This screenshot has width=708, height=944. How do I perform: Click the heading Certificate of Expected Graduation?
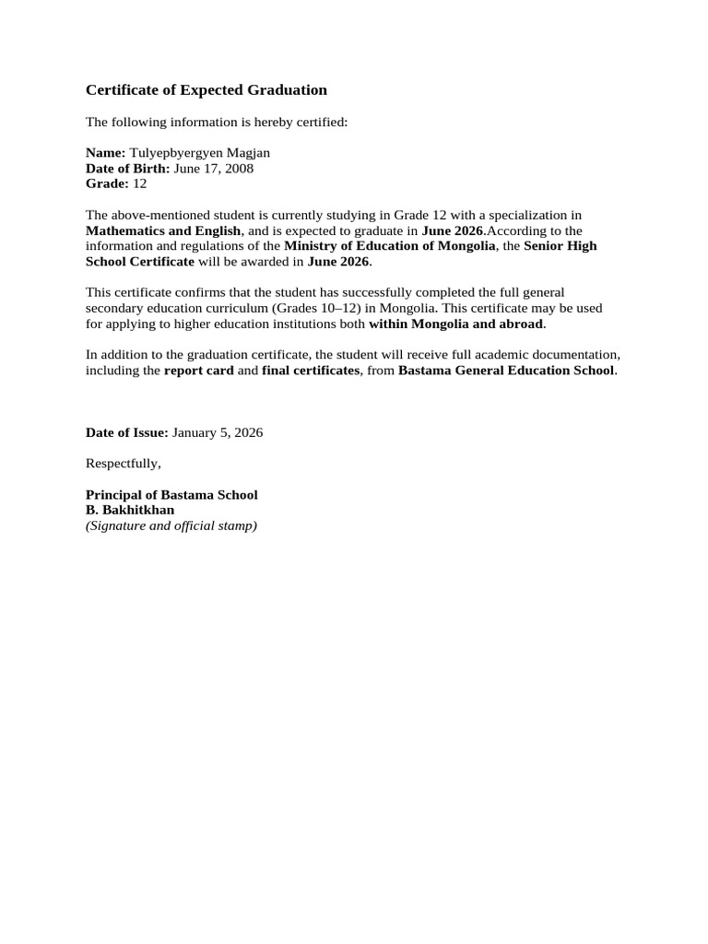click(x=206, y=90)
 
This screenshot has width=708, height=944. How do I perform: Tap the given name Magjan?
click(x=246, y=153)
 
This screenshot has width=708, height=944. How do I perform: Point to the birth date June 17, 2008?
click(x=214, y=169)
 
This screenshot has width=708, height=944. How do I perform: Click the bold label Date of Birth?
click(x=128, y=169)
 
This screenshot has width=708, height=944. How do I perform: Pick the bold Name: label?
click(x=105, y=153)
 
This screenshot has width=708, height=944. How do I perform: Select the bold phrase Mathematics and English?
click(x=163, y=230)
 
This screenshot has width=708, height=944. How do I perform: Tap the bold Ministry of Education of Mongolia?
click(x=390, y=246)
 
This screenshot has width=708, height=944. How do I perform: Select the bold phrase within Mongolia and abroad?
click(x=456, y=324)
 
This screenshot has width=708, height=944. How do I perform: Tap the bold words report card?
click(x=199, y=371)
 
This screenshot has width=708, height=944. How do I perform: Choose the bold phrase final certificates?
click(x=311, y=371)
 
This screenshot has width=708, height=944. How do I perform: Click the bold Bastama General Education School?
click(x=505, y=371)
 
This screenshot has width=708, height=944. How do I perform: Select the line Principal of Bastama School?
click(x=171, y=495)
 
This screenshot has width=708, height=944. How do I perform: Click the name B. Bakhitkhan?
click(x=130, y=510)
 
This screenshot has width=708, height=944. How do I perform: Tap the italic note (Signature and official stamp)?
click(x=171, y=525)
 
